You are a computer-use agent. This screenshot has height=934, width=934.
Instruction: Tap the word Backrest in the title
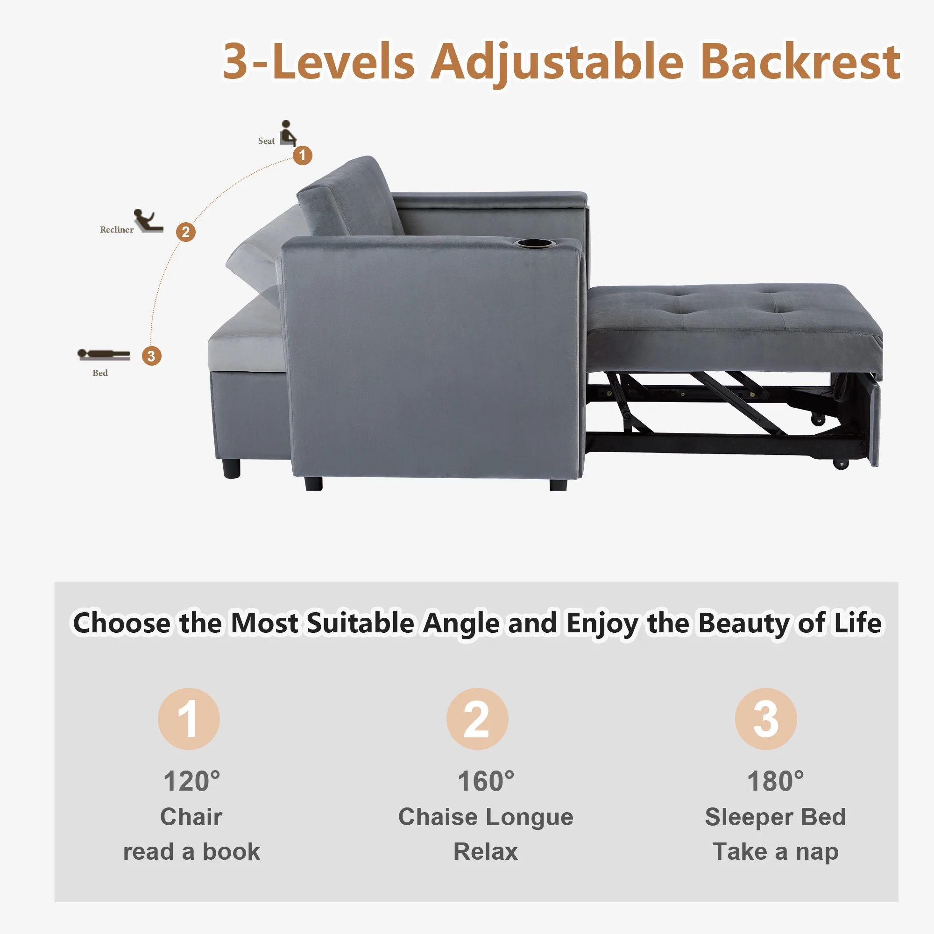pos(800,62)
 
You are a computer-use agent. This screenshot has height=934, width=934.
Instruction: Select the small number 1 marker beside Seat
pos(303,155)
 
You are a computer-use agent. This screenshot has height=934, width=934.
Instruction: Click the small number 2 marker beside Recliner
pos(186,232)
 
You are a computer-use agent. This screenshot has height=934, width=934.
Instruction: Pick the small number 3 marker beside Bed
pos(151,356)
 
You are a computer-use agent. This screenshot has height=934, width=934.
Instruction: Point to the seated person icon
pos(288,133)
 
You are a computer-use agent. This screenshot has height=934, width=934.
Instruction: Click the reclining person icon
pos(149,221)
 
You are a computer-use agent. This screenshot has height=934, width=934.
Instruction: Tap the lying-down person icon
pos(104,355)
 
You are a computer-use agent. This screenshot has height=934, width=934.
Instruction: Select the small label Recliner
pos(116,230)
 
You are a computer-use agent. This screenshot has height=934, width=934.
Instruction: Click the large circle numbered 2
pos(477,719)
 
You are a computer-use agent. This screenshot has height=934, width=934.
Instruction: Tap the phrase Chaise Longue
pos(486,817)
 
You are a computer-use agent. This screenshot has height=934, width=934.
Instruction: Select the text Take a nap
pos(775,852)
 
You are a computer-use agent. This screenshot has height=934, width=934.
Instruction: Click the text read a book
pos(191,852)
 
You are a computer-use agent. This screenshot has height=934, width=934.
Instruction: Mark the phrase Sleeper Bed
pos(775,817)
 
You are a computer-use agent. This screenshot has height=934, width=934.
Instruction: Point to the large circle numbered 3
pos(766,719)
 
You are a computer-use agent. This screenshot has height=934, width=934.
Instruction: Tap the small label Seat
pos(266,141)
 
